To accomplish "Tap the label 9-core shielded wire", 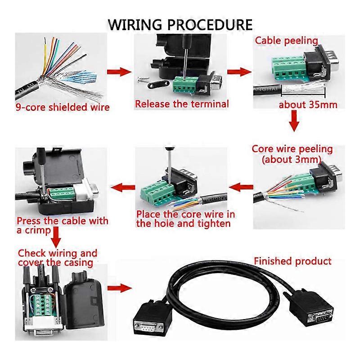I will pyautogui.click(x=63, y=107).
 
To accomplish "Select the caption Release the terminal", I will pyautogui.click(x=182, y=104).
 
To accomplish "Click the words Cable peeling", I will pyautogui.click(x=287, y=40).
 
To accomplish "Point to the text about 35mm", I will pyautogui.click(x=308, y=105).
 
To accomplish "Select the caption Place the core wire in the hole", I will pyautogui.click(x=185, y=219).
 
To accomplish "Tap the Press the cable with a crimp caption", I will pyautogui.click(x=62, y=225).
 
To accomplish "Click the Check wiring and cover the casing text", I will pyautogui.click(x=57, y=258).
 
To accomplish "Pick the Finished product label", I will pyautogui.click(x=292, y=261).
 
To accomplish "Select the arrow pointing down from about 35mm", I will pyautogui.click(x=294, y=121).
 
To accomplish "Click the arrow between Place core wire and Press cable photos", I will pyautogui.click(x=126, y=186).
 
